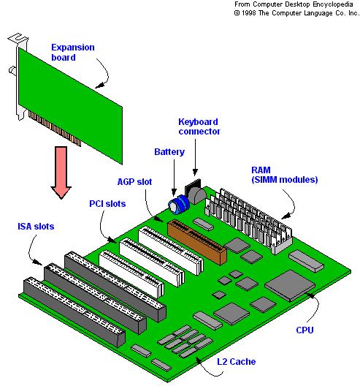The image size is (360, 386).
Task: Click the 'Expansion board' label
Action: pyautogui.click(x=73, y=52)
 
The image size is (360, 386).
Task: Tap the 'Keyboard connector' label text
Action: pyautogui.click(x=199, y=126)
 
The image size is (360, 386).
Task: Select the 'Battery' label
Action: pyautogui.click(x=169, y=152)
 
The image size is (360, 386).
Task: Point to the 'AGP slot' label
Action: pyautogui.click(x=134, y=182)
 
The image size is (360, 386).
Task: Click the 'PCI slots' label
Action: pyautogui.click(x=107, y=204)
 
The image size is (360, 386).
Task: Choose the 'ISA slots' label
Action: pyautogui.click(x=36, y=227)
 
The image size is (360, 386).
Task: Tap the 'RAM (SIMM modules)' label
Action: pyautogui.click(x=285, y=175)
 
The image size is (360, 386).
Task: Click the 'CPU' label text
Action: pyautogui.click(x=305, y=330)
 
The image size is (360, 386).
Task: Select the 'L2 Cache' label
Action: pyautogui.click(x=237, y=362)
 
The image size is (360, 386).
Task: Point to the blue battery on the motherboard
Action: pyautogui.click(x=179, y=205)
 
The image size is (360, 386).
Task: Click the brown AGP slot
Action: pyautogui.click(x=197, y=242)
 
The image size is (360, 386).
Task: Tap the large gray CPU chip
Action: pyautogui.click(x=290, y=286)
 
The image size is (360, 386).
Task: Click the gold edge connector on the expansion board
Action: pyautogui.click(x=55, y=129)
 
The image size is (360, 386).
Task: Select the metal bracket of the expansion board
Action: pyautogui.click(x=18, y=74)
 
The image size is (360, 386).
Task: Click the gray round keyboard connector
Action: pyautogui.click(x=197, y=195)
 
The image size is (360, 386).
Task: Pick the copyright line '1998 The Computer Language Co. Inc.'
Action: pyautogui.click(x=296, y=13)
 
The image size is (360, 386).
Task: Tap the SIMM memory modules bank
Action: pyautogui.click(x=249, y=221)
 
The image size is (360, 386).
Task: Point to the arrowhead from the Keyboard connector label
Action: pyautogui.click(x=195, y=172)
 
